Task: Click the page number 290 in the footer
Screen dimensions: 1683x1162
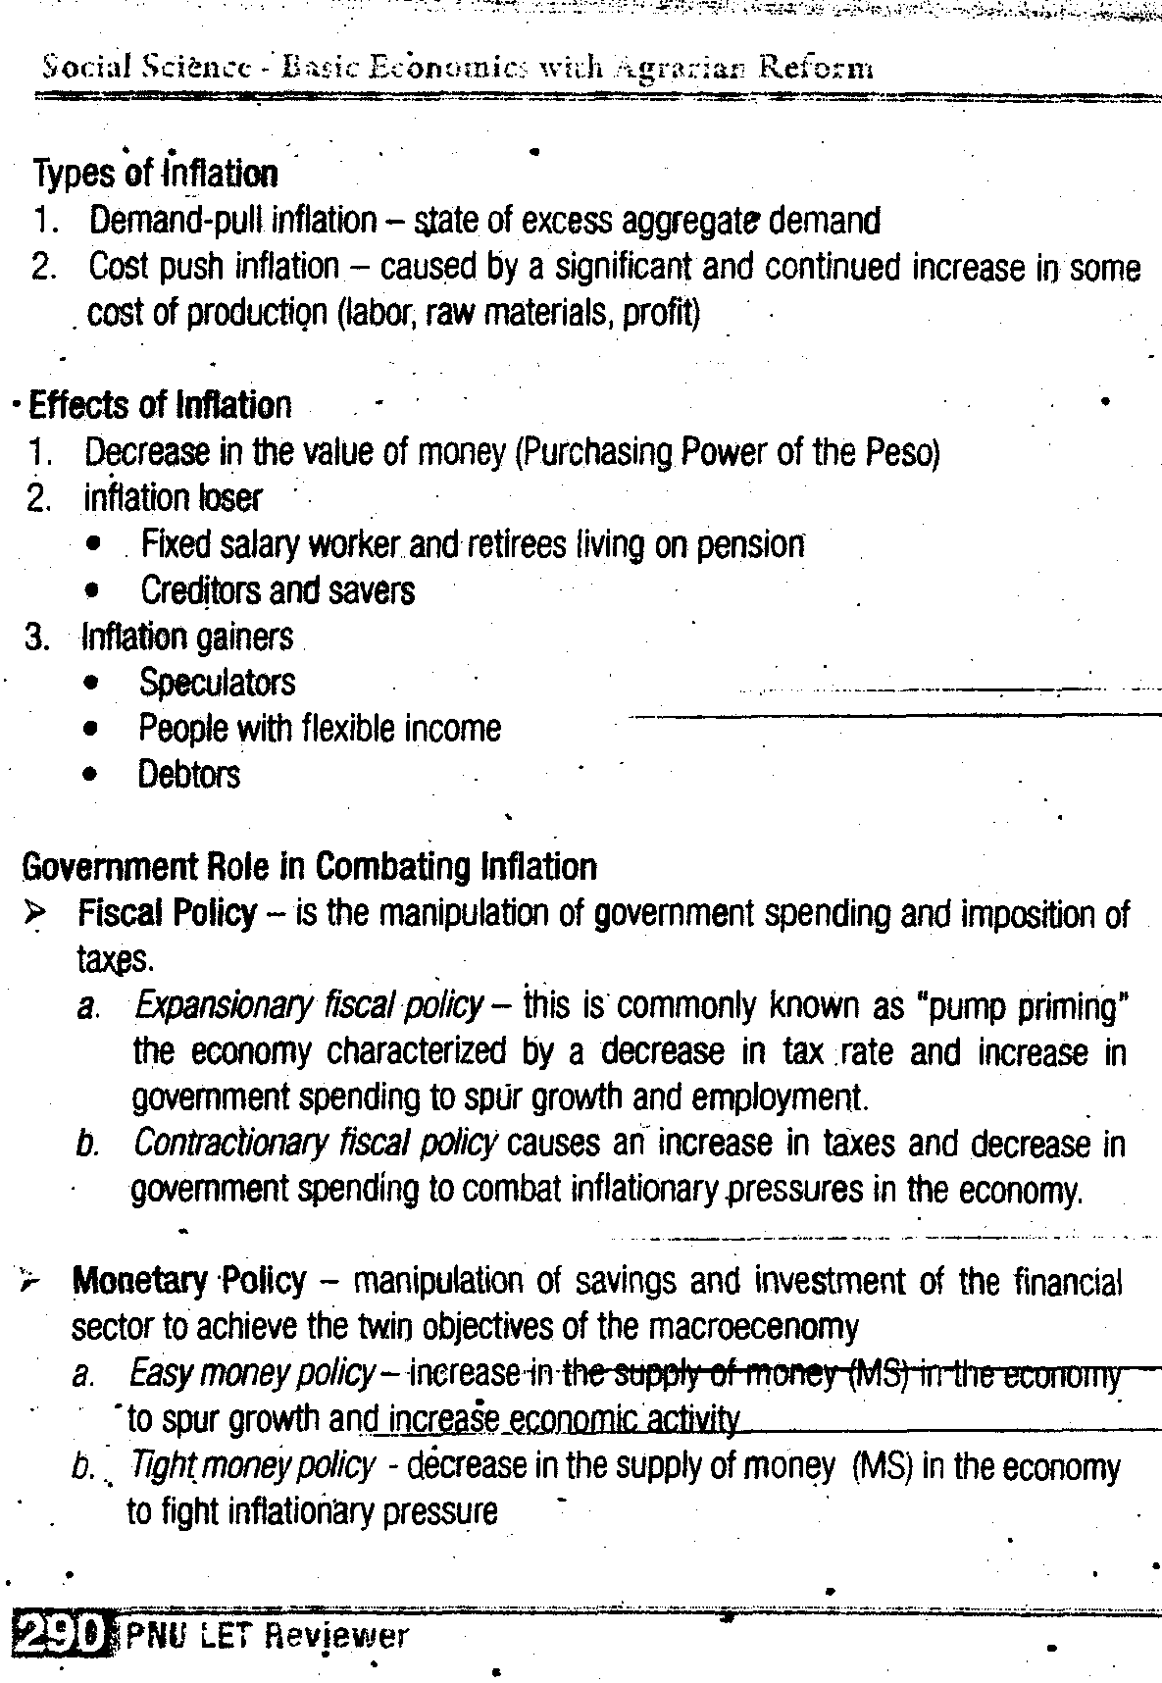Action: pos(61,1636)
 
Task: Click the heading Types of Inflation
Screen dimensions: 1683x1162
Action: pos(155,174)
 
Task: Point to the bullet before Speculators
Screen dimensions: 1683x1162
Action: pos(91,684)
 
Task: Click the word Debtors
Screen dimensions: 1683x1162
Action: pos(188,775)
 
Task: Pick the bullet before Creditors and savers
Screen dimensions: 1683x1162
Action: pos(92,591)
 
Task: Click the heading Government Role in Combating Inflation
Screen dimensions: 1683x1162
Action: pos(309,867)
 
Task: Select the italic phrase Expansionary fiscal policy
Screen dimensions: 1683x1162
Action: pos(308,1006)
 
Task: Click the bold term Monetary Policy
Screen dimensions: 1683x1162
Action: pos(188,1281)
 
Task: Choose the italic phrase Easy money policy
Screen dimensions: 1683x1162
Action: pos(251,1373)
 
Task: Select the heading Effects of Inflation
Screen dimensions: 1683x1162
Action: pos(160,405)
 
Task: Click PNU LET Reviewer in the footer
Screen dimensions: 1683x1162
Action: pos(267,1636)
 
